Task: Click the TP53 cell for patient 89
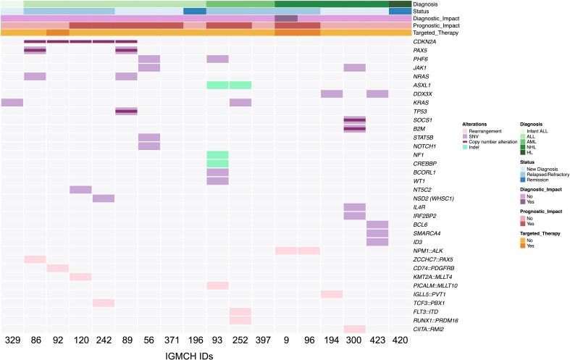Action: (x=126, y=111)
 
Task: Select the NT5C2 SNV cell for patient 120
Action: (x=80, y=189)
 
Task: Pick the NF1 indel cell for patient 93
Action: (x=217, y=154)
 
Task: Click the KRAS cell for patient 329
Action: (x=12, y=102)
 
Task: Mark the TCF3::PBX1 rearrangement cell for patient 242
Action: (x=104, y=303)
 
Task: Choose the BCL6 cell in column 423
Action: (x=377, y=225)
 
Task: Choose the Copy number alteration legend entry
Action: (x=495, y=141)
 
